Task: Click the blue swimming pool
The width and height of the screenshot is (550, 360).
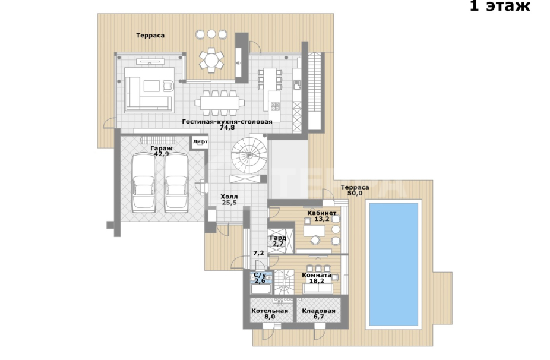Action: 394,264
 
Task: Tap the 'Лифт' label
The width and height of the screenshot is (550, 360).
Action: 200,141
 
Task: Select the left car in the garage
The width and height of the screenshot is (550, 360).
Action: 144,183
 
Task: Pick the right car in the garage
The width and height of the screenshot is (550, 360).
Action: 176,183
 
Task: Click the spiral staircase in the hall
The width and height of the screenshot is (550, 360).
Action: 249,156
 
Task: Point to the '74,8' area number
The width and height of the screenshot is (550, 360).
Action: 227,128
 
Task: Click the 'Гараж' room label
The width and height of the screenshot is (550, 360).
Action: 162,149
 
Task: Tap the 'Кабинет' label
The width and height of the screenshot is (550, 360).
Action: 322,213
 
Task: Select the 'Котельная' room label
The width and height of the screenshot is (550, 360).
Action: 270,311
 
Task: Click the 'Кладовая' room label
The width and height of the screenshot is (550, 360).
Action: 318,311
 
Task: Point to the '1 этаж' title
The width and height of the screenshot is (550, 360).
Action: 500,6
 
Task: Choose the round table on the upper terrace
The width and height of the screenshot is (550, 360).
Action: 211,61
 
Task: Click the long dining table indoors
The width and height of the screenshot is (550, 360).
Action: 220,103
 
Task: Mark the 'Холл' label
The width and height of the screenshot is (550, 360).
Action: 229,197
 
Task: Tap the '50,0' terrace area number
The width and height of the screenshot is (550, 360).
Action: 355,193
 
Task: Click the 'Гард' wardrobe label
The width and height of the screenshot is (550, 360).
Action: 278,238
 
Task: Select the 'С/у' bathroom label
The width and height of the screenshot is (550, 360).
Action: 260,276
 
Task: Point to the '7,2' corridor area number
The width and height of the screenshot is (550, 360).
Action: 258,253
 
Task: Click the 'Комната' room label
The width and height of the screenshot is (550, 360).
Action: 317,276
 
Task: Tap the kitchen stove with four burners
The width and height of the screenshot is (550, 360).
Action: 276,106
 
